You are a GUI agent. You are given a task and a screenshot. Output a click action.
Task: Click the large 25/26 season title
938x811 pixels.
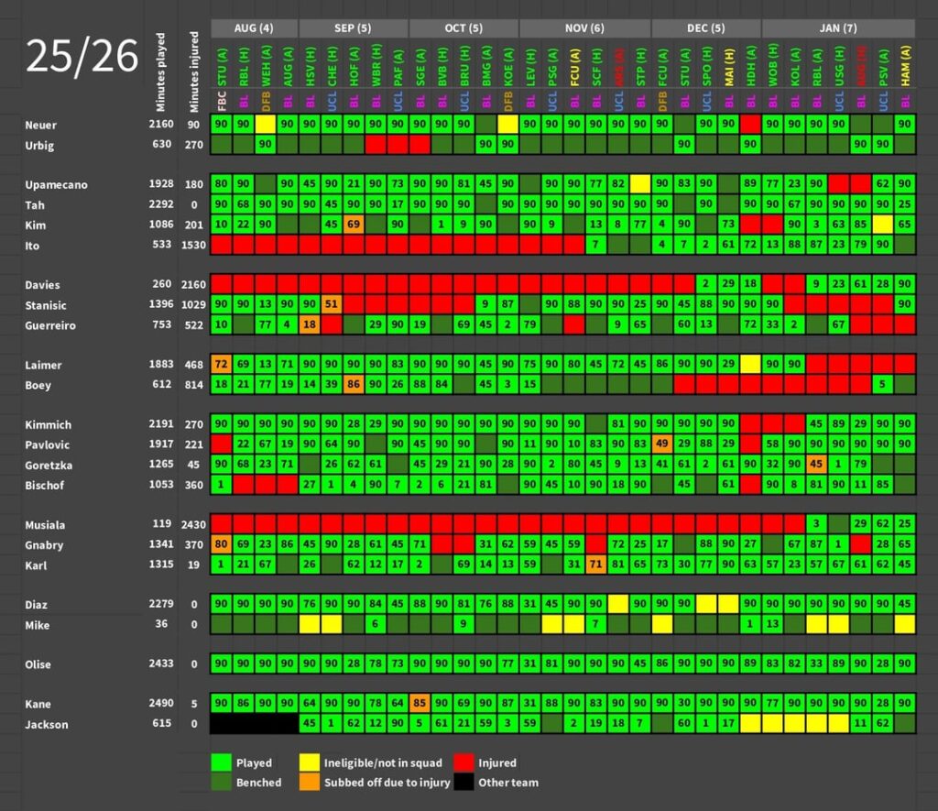pyautogui.click(x=82, y=57)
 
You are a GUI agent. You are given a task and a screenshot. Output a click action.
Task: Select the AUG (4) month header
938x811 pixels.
pyautogui.click(x=254, y=27)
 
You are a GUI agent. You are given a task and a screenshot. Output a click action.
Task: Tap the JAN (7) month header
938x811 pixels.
pyautogui.click(x=837, y=27)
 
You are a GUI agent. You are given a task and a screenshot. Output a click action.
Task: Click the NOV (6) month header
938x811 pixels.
pyautogui.click(x=584, y=27)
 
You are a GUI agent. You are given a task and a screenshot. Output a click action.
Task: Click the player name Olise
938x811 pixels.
pyautogui.click(x=38, y=664)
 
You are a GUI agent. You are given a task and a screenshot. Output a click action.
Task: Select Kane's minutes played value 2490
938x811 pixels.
pyautogui.click(x=161, y=704)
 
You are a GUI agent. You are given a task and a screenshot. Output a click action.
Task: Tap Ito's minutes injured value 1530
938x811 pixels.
pyautogui.click(x=194, y=245)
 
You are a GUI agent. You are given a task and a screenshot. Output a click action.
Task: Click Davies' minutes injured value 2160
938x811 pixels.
pyautogui.click(x=194, y=285)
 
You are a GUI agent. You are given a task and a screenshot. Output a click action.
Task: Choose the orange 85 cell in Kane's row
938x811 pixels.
pyautogui.click(x=420, y=704)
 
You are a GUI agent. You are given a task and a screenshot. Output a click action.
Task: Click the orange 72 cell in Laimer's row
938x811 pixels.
pyautogui.click(x=221, y=365)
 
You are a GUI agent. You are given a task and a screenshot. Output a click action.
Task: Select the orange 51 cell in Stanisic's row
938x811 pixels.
pyautogui.click(x=332, y=305)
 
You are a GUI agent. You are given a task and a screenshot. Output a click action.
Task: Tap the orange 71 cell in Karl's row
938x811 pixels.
pyautogui.click(x=595, y=565)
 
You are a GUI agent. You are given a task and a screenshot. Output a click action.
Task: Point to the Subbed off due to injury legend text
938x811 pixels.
pyautogui.click(x=385, y=783)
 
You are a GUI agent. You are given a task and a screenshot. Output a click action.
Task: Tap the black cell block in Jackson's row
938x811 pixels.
pyautogui.click(x=254, y=724)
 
